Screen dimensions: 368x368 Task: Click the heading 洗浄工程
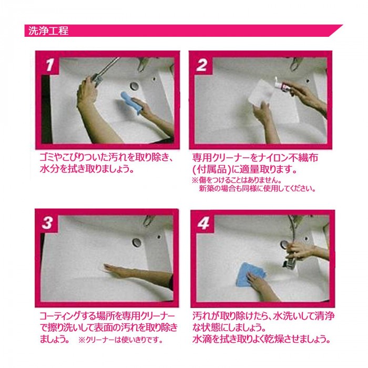48,30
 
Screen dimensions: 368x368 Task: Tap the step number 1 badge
50,65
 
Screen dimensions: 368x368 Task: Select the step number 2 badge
202,65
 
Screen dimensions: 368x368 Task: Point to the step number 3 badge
47,223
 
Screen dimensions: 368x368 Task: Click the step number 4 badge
204,223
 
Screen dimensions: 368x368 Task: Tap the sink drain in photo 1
134,86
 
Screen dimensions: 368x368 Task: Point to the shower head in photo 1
97,80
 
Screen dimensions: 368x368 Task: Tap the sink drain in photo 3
137,242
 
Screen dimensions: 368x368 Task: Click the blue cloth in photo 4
250,274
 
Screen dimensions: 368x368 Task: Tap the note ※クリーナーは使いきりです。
120,340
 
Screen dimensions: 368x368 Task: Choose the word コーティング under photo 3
59,316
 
